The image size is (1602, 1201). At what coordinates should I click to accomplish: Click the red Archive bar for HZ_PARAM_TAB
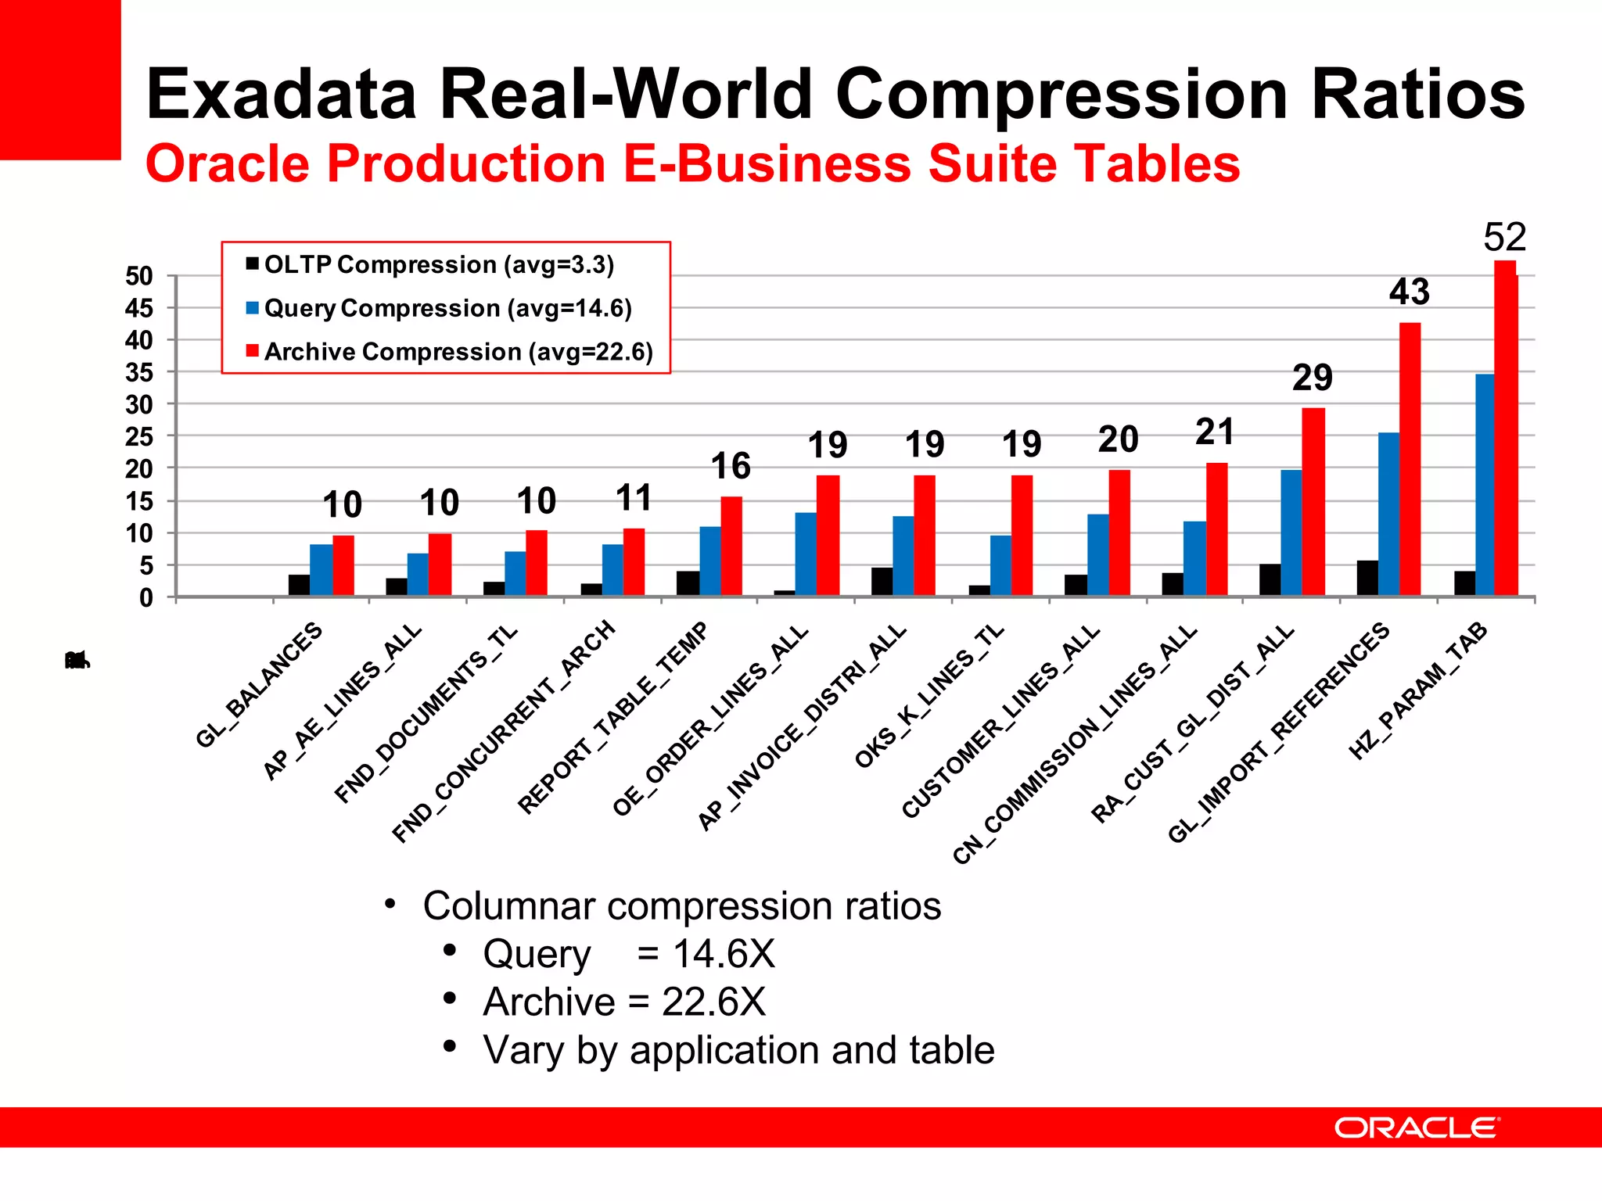1506,430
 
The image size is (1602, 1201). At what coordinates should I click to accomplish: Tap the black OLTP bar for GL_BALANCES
299,585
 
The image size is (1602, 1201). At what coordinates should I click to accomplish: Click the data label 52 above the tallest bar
1504,237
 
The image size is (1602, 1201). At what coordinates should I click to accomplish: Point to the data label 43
1409,292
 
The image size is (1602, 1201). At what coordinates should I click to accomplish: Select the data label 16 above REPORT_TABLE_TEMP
730,466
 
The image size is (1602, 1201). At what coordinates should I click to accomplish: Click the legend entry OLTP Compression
438,264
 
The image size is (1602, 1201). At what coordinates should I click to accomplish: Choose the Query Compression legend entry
447,308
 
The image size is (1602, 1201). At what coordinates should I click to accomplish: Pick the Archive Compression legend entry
458,352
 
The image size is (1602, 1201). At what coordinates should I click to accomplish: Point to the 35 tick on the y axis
139,373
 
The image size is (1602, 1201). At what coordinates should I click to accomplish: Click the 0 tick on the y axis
145,598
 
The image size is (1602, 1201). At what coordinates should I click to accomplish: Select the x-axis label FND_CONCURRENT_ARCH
504,732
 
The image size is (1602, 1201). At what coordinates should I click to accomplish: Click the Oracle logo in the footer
1417,1128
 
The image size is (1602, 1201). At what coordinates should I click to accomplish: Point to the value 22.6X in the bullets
713,1002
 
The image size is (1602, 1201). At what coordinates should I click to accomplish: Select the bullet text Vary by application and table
738,1049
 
